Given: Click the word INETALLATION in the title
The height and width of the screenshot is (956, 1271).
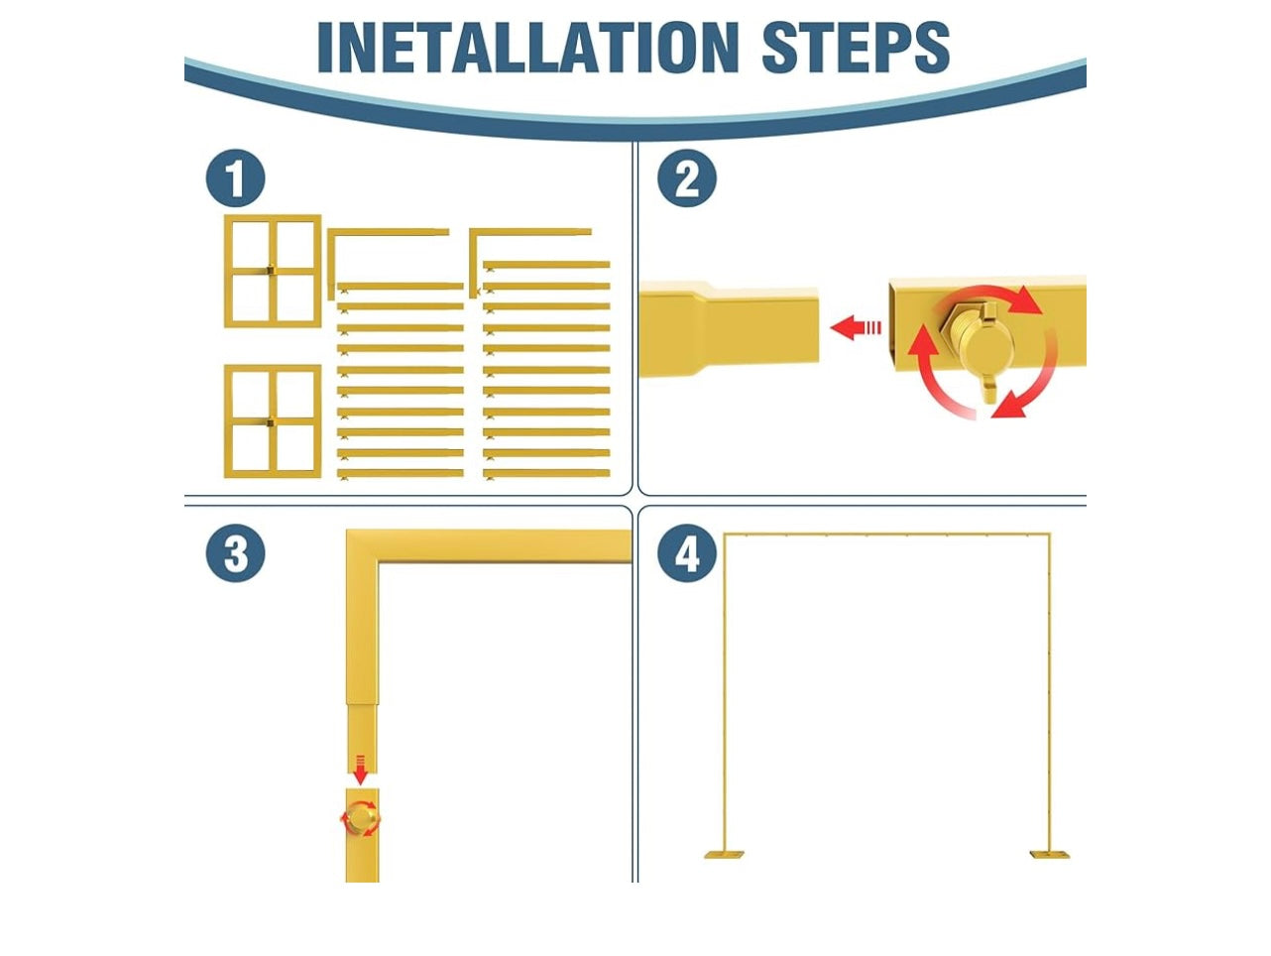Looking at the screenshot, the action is click(x=528, y=47).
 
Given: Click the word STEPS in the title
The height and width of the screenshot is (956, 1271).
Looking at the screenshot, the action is click(x=856, y=47).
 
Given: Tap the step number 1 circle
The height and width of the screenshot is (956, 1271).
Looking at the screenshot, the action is click(x=236, y=178).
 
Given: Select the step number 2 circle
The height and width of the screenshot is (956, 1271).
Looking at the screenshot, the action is click(x=687, y=178).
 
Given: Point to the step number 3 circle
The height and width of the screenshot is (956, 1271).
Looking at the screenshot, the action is click(x=236, y=553).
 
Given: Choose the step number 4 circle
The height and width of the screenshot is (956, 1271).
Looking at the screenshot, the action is click(x=687, y=553).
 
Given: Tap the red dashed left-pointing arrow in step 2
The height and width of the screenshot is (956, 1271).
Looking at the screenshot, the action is click(x=856, y=327).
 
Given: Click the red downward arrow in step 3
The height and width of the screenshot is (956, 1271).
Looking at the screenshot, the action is click(x=360, y=770).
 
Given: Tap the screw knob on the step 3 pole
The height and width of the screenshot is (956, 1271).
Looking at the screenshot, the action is click(x=361, y=818).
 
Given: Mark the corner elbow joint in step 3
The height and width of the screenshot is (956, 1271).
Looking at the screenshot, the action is click(x=363, y=546).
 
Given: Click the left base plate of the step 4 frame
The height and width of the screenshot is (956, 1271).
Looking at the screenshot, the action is click(x=724, y=855).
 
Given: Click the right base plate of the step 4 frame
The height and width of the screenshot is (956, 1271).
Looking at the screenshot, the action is click(x=1049, y=855).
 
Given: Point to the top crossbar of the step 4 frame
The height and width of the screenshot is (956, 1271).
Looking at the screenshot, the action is click(x=886, y=534).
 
